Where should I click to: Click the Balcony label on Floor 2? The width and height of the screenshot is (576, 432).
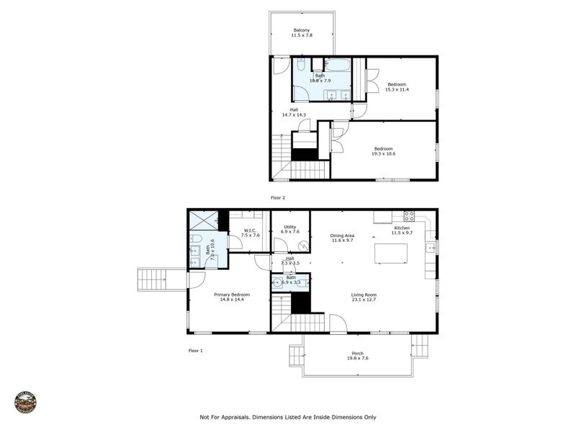pyautogui.click(x=301, y=30)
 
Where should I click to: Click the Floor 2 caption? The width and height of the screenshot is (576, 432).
pyautogui.click(x=278, y=197)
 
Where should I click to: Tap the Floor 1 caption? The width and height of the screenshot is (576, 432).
pyautogui.click(x=196, y=351)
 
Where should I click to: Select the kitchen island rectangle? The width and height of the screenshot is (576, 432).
pyautogui.click(x=390, y=254)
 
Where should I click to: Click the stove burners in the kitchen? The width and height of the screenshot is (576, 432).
pyautogui.click(x=409, y=215)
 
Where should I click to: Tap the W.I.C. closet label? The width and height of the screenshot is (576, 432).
pyautogui.click(x=249, y=232)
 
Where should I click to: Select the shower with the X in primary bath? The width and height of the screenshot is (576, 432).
pyautogui.click(x=202, y=220)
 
